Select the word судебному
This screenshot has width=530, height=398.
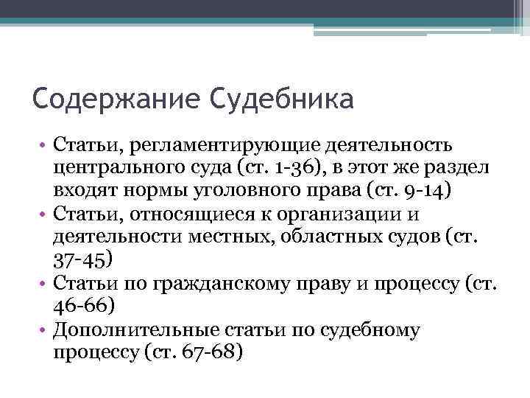pyautogui.click(x=364, y=329)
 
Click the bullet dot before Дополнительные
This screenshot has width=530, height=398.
pyautogui.click(x=43, y=329)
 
